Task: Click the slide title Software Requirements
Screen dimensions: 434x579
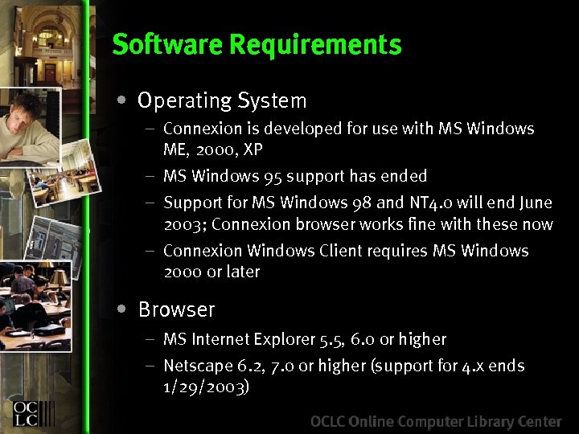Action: tap(257, 45)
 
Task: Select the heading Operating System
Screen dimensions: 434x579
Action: tap(222, 101)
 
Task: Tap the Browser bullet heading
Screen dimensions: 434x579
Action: tap(176, 309)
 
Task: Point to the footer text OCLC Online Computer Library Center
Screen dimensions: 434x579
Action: tap(436, 421)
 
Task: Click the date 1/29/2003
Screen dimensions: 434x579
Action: tap(207, 387)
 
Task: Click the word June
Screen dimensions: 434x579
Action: tap(536, 203)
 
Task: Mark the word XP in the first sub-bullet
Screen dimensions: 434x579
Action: tap(253, 149)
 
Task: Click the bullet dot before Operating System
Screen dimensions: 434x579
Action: tap(120, 101)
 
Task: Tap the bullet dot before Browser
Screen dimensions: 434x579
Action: tap(120, 309)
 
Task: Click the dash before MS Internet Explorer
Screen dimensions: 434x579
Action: tap(150, 340)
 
